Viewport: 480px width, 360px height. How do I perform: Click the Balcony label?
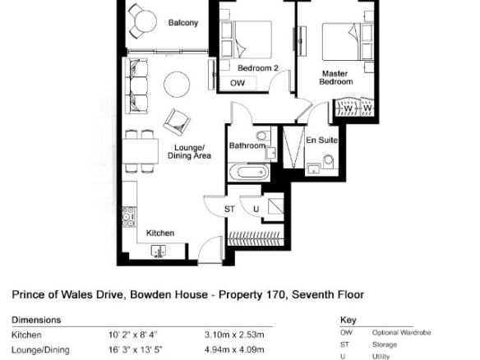tap(183, 23)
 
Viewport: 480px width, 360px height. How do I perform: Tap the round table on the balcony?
tap(145, 21)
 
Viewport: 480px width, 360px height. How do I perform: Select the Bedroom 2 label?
tap(258, 68)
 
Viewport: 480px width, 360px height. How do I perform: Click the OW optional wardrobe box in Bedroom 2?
tap(238, 83)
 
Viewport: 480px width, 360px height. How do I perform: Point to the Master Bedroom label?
tap(336, 78)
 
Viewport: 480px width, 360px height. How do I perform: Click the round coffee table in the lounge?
tap(177, 85)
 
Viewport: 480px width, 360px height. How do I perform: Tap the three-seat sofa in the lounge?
tap(136, 86)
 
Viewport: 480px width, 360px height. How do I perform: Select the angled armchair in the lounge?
tap(177, 122)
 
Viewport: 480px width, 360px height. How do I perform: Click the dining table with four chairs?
tap(141, 151)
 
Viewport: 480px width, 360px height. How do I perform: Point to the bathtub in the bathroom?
tap(249, 173)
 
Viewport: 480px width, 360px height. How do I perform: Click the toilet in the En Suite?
tap(328, 161)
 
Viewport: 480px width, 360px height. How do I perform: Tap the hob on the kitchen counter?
tap(128, 217)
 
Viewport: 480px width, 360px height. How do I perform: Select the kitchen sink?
tap(159, 251)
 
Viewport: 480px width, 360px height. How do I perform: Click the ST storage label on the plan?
tap(229, 209)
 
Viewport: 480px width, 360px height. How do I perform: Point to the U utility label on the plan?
tap(256, 209)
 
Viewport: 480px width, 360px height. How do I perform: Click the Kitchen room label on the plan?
tap(160, 233)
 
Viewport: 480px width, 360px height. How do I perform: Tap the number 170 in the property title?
tap(278, 294)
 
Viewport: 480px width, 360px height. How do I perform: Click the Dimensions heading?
tap(36, 320)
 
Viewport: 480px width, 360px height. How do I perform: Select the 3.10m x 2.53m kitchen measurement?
tap(234, 335)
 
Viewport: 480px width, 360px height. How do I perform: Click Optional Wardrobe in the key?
tap(401, 332)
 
